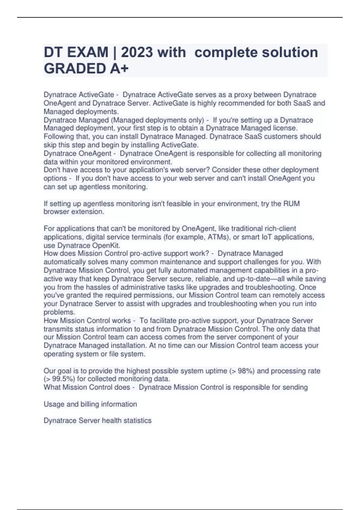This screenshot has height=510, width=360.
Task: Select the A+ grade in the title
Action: (119, 69)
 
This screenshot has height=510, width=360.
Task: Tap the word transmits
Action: (58, 329)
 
